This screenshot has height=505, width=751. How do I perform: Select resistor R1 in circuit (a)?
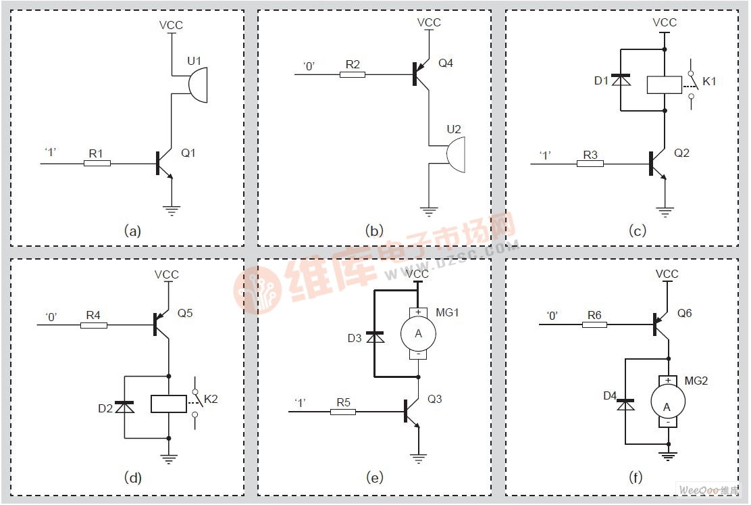click(97, 164)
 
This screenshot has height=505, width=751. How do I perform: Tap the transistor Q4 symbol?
click(419, 73)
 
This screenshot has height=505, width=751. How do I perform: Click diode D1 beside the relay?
click(625, 80)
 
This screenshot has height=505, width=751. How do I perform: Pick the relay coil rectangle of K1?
click(665, 84)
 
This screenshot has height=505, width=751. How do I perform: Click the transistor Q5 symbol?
click(160, 324)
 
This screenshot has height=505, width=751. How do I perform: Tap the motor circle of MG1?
click(418, 333)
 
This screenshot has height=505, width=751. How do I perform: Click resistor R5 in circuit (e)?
click(343, 411)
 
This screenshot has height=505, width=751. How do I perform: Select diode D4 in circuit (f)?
click(626, 404)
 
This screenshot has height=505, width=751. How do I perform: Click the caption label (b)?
click(374, 231)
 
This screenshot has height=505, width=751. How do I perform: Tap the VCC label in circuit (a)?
click(171, 26)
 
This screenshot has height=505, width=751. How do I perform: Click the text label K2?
click(211, 400)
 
